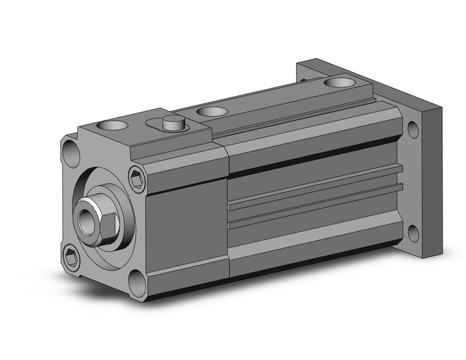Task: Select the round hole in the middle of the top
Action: point(212,112)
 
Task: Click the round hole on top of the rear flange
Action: point(340,82)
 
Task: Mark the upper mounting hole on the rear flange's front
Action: point(413,129)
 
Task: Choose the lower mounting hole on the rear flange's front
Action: point(413,232)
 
